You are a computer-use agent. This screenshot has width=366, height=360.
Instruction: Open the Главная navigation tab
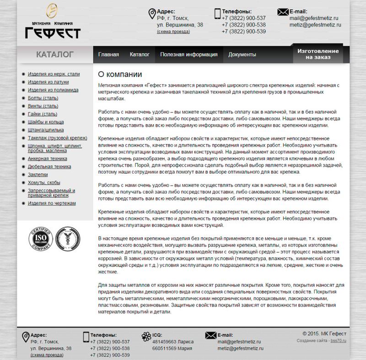108,55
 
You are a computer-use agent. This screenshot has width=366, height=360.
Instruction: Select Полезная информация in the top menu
188,55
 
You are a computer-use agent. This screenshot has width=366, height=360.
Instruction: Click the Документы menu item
242,55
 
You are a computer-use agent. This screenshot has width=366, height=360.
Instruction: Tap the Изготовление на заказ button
318,55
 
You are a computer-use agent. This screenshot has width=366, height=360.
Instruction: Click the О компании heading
120,74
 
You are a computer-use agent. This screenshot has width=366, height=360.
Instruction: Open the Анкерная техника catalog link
48,158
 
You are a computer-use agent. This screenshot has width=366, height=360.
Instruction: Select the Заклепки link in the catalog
38,174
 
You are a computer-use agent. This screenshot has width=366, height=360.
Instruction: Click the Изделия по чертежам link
52,203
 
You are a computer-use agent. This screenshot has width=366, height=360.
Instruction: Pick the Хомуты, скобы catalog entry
44,182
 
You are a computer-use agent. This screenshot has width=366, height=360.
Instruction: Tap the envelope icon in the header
282,12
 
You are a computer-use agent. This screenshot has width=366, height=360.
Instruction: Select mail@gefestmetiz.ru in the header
314,18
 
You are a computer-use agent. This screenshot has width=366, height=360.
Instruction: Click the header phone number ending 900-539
243,32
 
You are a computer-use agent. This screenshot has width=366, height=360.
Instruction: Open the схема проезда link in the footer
47,355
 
